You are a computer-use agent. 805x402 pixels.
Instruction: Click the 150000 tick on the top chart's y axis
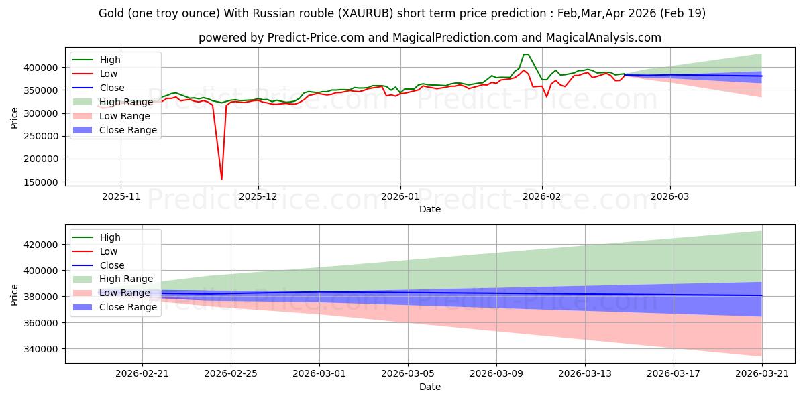tap(41, 182)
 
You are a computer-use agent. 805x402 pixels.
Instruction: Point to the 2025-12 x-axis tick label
tap(258, 197)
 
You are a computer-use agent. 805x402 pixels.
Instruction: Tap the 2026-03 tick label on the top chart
tap(670, 197)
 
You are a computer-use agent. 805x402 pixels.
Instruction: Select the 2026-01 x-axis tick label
tap(400, 197)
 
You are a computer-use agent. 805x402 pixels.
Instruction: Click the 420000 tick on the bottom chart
tap(41, 245)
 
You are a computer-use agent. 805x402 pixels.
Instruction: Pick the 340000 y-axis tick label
tap(41, 349)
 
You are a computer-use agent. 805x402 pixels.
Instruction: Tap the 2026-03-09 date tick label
tap(496, 374)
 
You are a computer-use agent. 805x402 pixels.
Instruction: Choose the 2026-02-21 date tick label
tap(142, 374)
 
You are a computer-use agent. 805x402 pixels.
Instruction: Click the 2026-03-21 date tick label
tap(762, 374)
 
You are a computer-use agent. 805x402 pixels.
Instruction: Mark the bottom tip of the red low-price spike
tap(221, 179)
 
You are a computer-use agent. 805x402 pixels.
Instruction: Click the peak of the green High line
tap(526, 54)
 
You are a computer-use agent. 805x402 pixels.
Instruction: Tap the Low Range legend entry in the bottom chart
tap(111, 293)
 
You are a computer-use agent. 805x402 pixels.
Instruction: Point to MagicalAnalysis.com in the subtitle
tap(603, 38)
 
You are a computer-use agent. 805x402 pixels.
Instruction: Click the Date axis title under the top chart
tap(430, 209)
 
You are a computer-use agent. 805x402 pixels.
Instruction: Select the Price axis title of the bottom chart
tap(14, 295)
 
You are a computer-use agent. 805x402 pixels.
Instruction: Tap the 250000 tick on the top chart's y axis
tap(41, 137)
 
